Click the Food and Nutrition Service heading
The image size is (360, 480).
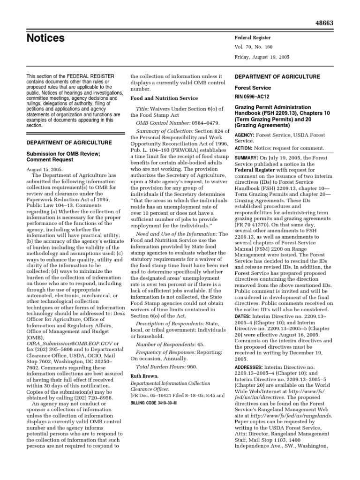[164, 98]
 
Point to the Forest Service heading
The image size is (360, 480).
[252, 87]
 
